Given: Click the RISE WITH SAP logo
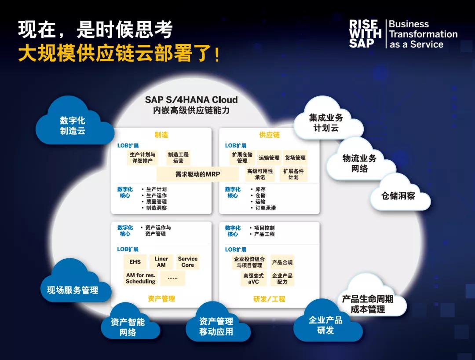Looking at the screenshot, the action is (x=365, y=34).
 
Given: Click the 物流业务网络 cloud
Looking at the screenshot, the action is (x=361, y=161).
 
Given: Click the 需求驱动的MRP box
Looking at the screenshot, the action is (x=197, y=174).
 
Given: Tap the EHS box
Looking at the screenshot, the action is (x=135, y=262).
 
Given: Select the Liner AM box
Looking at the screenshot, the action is (x=161, y=262).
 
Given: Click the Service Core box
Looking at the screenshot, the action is (x=187, y=262).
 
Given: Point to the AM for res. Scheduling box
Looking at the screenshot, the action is (x=141, y=278).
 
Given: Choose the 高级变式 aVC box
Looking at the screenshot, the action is (x=254, y=279).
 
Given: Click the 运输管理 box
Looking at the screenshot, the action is (x=269, y=158).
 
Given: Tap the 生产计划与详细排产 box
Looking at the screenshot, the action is (x=142, y=158).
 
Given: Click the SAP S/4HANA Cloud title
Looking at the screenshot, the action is (x=191, y=100).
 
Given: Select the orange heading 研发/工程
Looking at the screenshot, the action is (x=269, y=299).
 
